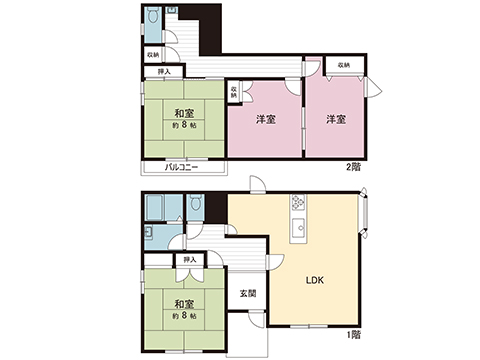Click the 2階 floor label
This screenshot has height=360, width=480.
[353, 166]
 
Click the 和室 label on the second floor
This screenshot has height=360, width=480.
[182, 112]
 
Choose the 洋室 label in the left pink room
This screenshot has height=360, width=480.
[265, 120]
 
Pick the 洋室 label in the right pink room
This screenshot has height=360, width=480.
[335, 120]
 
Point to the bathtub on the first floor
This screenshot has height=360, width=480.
[155, 208]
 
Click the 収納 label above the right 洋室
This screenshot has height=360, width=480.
[343, 64]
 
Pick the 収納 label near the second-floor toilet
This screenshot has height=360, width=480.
[152, 54]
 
